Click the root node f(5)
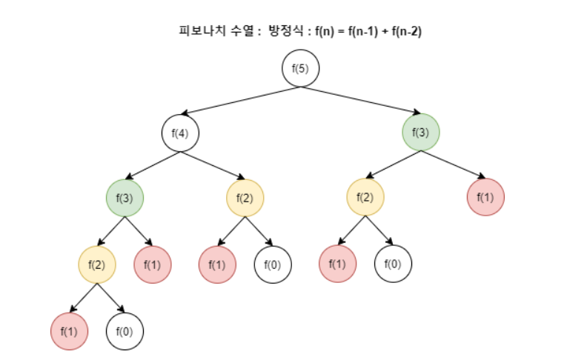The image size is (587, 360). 300,69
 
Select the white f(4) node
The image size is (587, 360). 180,134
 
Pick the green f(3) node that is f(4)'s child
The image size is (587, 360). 125,198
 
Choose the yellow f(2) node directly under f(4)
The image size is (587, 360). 245,198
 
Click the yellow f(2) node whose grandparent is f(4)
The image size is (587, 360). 97,264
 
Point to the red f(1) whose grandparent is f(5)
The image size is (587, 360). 485,198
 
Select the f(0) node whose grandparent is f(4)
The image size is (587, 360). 273,264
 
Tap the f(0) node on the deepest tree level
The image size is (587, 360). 125,331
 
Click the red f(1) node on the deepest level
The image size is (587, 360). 69,331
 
